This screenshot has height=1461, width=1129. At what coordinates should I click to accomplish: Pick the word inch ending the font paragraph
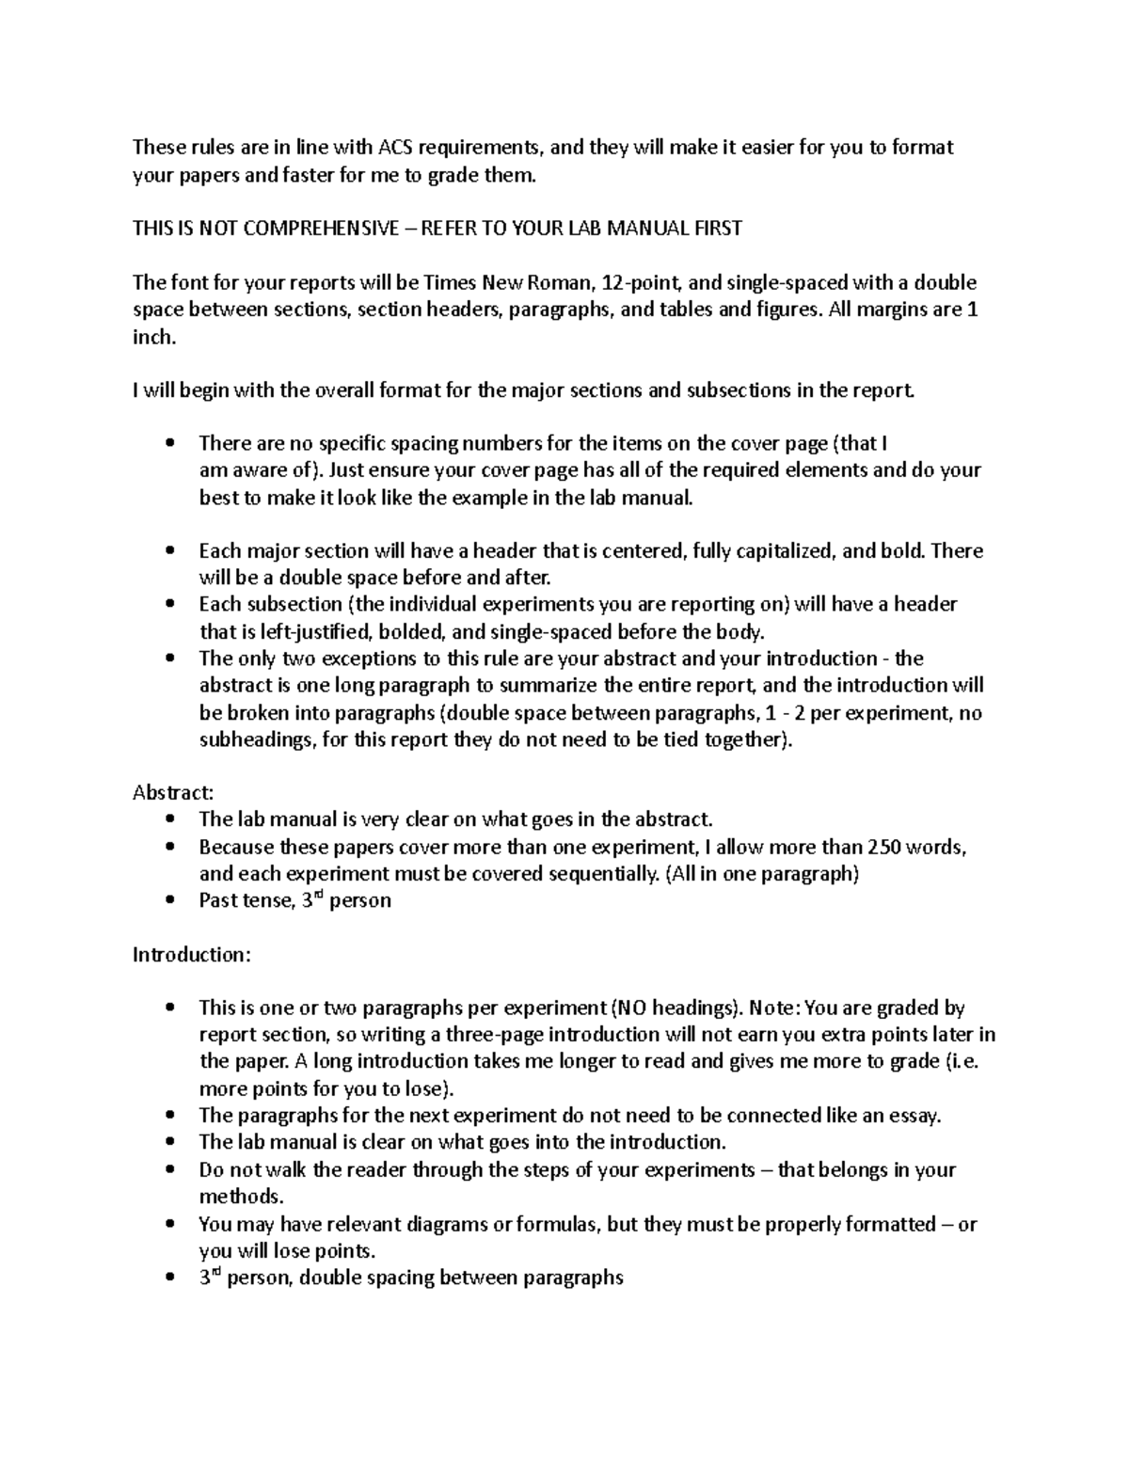click(152, 337)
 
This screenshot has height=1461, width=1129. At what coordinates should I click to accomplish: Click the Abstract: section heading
click(173, 792)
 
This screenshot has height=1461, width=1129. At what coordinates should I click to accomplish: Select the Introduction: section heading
click(192, 954)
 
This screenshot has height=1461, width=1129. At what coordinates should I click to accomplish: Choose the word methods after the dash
click(239, 1197)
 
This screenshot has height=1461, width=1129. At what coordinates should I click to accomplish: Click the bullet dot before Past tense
click(169, 900)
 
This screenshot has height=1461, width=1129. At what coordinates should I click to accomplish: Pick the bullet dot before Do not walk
click(169, 1170)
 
